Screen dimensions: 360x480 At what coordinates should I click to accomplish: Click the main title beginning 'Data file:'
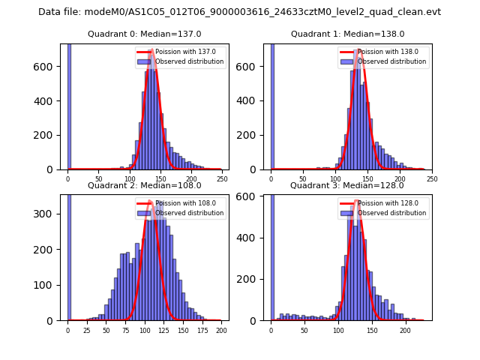(x=239, y=12)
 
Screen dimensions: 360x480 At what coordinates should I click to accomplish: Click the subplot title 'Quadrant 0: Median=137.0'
(x=144, y=34)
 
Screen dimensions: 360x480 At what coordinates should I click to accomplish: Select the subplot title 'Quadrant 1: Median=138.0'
(x=347, y=34)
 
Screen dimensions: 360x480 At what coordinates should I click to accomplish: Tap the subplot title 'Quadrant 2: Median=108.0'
(x=144, y=185)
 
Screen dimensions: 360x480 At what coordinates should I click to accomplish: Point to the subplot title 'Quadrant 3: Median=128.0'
(x=347, y=185)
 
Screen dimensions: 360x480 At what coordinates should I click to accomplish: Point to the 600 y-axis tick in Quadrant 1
(x=254, y=66)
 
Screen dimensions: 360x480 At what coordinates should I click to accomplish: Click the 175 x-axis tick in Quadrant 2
(x=202, y=330)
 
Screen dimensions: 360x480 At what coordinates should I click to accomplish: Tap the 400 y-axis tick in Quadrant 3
(x=254, y=238)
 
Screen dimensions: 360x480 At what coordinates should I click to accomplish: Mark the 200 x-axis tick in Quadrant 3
(x=405, y=330)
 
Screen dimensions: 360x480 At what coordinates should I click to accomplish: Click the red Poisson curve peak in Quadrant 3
(x=358, y=202)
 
